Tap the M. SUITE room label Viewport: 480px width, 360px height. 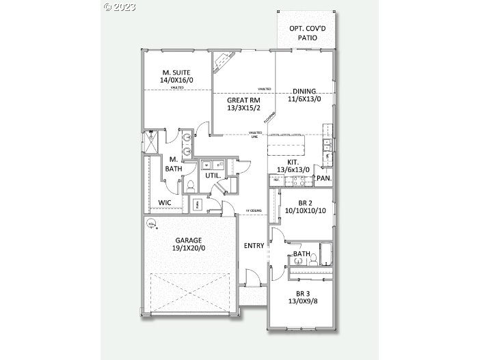pos(176,72)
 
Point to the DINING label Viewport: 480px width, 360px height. pos(304,91)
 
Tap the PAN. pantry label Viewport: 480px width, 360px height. pos(323,178)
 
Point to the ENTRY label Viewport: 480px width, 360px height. pos(254,245)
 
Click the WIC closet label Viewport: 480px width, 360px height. pos(165,203)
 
